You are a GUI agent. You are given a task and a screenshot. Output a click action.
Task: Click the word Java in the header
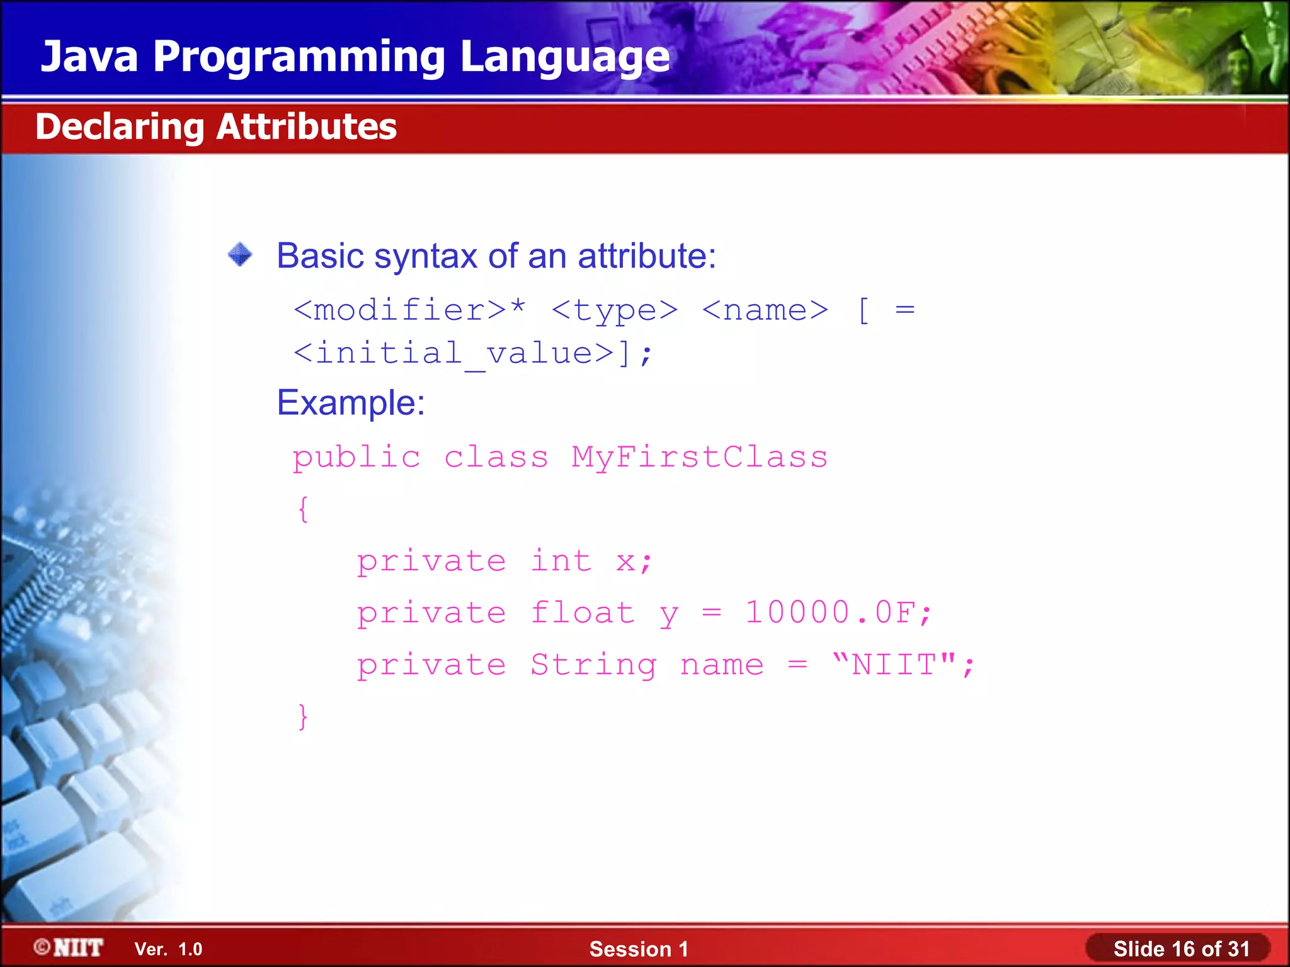(89, 57)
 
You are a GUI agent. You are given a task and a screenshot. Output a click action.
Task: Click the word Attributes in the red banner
(307, 127)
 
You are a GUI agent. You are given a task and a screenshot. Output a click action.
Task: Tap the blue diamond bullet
(240, 255)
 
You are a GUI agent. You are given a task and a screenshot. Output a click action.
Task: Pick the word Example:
(351, 402)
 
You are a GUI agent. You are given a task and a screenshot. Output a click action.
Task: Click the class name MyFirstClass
(699, 457)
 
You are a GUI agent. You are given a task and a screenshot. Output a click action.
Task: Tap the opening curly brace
(303, 509)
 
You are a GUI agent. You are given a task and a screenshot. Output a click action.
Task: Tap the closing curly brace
(303, 716)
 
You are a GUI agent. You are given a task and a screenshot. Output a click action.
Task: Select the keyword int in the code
(561, 561)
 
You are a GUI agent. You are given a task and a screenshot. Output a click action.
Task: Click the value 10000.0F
(830, 613)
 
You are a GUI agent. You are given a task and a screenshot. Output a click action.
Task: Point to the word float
(583, 613)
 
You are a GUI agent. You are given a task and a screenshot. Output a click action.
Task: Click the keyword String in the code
(593, 665)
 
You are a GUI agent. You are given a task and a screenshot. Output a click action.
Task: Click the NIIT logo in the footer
(69, 947)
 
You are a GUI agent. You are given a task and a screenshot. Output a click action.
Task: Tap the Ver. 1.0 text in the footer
(168, 949)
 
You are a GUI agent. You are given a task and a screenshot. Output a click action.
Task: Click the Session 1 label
(639, 949)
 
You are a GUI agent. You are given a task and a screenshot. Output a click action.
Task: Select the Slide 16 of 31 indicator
(1180, 949)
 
